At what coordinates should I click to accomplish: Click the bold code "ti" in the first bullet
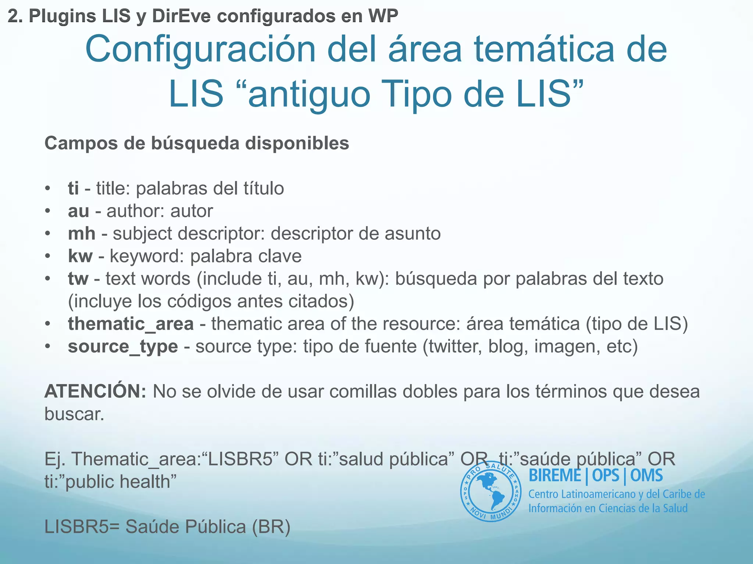click(x=73, y=188)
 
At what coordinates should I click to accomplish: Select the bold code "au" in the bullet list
click(x=78, y=211)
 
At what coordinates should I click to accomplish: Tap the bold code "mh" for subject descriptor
click(x=82, y=234)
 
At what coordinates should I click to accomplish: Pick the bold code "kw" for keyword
click(x=80, y=256)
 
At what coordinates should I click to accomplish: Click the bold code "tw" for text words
click(x=78, y=279)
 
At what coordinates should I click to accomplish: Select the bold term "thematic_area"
click(x=131, y=324)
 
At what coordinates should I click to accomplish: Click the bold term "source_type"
click(x=123, y=347)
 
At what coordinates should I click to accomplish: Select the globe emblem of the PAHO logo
click(x=490, y=491)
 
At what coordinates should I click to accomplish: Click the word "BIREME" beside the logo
click(x=555, y=476)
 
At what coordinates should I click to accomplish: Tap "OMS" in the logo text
click(x=646, y=476)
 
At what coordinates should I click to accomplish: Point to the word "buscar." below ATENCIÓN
click(x=74, y=414)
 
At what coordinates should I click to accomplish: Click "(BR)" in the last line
click(x=271, y=527)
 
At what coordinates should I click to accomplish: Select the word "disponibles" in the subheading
click(x=297, y=143)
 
